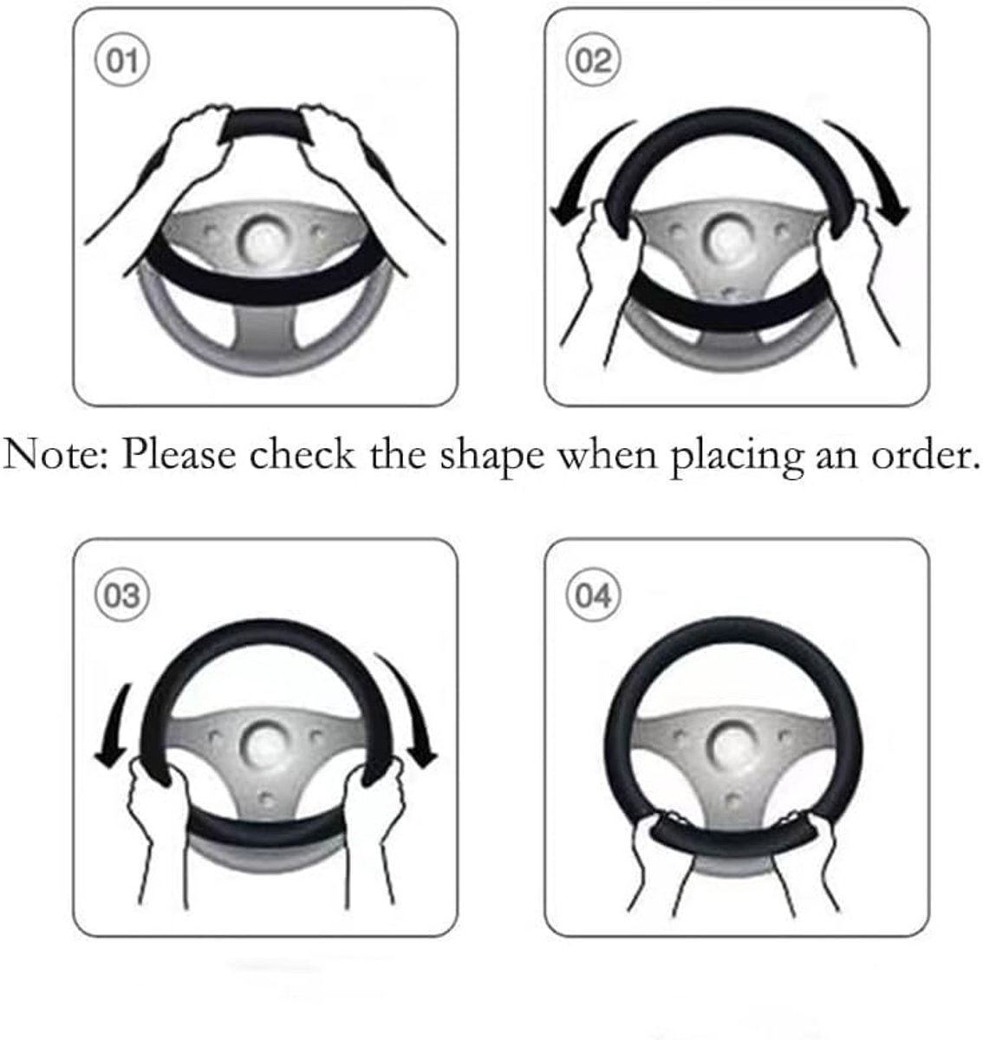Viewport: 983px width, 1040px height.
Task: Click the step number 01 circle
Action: click(122, 60)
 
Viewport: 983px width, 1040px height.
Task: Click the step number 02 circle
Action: click(593, 60)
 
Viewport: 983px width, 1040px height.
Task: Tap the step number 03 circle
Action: click(122, 595)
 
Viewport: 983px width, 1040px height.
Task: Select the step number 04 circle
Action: click(593, 595)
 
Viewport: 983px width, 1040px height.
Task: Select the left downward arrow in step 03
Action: click(116, 725)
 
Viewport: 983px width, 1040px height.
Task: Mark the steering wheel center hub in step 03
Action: click(264, 744)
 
